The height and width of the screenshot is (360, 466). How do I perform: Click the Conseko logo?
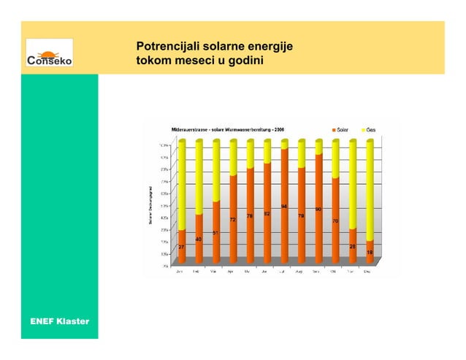point(50,55)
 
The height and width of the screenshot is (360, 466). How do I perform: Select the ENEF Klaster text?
point(59,321)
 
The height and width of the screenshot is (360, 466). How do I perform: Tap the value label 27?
point(181,247)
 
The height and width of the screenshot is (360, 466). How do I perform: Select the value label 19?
point(370,252)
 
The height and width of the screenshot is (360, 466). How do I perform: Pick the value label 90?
point(318,210)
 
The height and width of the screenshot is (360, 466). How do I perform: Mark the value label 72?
point(232,219)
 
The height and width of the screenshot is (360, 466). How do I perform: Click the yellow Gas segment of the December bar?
point(370,190)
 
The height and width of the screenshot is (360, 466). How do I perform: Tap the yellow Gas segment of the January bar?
point(181,186)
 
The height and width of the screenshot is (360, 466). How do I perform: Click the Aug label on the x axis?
point(299,272)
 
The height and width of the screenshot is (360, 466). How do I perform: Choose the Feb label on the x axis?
point(197,272)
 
